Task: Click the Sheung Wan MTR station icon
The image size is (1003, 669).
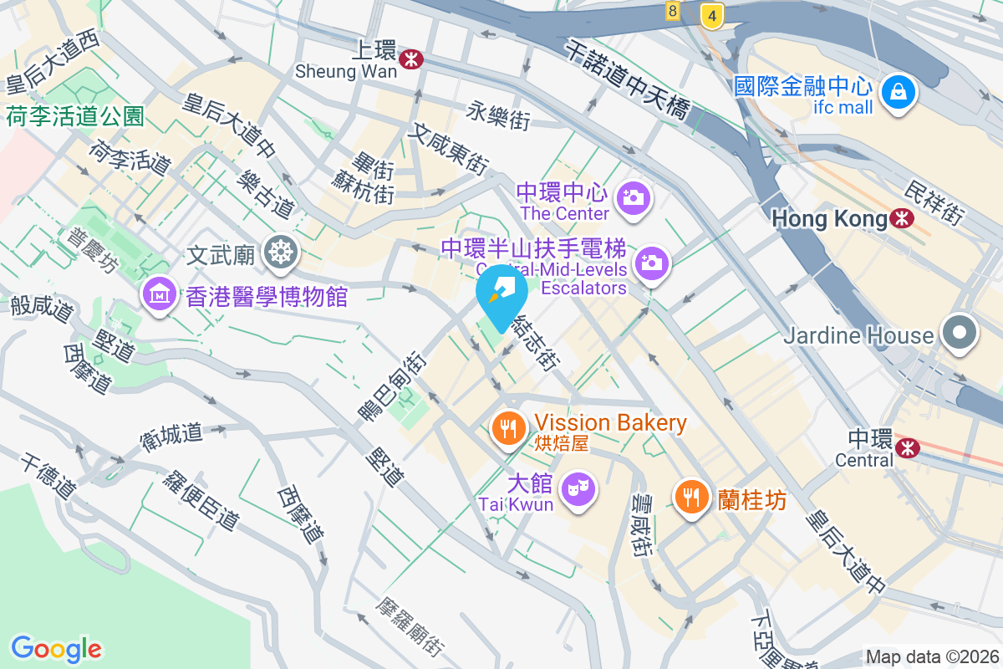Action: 410,59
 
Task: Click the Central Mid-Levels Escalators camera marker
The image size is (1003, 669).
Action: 651,263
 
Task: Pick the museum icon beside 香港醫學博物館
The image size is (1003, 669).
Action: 158,294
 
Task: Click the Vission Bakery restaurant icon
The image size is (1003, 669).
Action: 507,428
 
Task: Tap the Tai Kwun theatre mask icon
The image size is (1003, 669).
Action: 576,485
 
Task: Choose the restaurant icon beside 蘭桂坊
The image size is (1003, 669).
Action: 690,497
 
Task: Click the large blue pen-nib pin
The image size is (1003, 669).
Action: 501,293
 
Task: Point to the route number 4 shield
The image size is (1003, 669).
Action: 711,15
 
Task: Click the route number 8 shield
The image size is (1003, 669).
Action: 673,11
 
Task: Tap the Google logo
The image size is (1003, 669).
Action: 56,648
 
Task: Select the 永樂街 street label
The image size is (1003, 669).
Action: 499,115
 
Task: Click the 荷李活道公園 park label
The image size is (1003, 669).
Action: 76,116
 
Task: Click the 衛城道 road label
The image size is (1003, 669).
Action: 171,435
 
